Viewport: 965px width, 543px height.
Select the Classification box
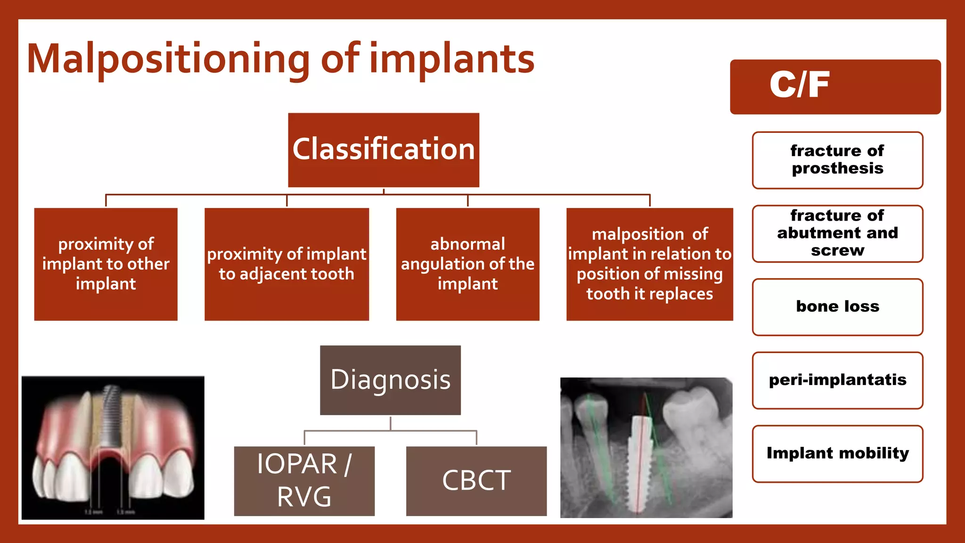coord(384,150)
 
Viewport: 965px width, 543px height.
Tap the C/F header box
coord(835,87)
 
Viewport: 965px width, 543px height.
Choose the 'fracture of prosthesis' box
coord(837,160)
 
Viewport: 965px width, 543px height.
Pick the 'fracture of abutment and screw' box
coord(837,233)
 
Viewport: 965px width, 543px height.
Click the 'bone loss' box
coord(837,307)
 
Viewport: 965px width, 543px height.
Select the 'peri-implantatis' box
coord(837,380)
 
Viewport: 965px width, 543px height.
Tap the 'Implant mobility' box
coord(837,453)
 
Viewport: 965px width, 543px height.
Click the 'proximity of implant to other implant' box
coord(106,264)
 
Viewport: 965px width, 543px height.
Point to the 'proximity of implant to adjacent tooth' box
coord(286,264)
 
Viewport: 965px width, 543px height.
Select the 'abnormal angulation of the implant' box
coord(467,264)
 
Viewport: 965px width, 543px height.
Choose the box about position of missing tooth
coord(649,264)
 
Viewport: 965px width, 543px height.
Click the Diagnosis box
coord(390,380)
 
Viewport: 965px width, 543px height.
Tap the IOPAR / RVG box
coord(304,481)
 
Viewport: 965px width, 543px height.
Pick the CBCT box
coord(476,481)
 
